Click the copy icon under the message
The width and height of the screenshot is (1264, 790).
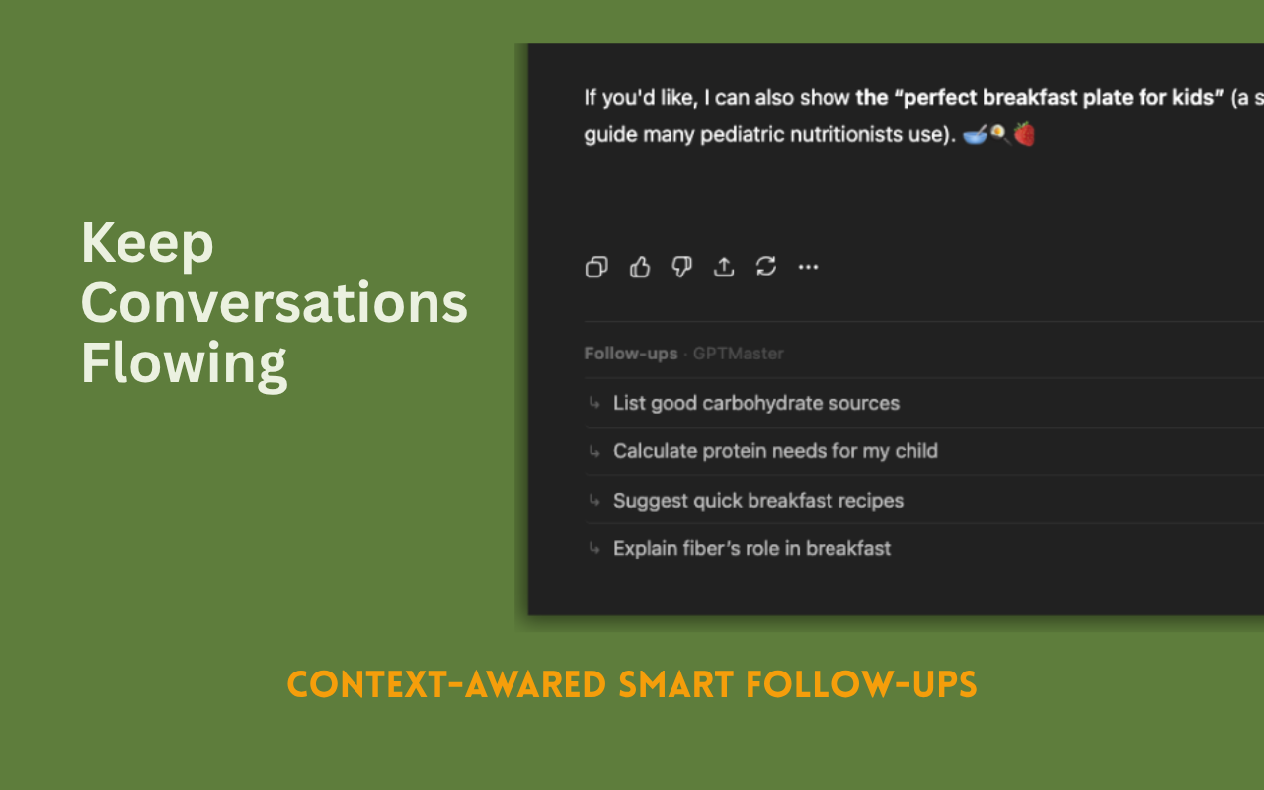(596, 267)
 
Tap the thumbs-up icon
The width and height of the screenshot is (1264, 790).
(639, 267)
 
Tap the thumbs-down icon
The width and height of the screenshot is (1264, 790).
(681, 267)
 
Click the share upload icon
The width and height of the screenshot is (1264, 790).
(724, 267)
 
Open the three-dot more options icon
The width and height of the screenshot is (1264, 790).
(808, 267)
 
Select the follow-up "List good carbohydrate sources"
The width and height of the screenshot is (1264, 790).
(756, 403)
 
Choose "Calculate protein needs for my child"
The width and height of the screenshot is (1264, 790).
(775, 451)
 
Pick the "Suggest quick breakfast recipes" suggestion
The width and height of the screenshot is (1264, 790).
(758, 500)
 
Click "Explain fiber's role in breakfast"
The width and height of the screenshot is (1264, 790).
(751, 548)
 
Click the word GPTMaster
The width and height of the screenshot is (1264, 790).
(738, 354)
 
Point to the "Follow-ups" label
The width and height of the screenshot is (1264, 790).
(631, 354)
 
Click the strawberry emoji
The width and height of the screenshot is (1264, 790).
(1024, 134)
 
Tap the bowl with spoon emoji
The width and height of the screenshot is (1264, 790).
(975, 135)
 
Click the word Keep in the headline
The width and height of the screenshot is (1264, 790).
(147, 245)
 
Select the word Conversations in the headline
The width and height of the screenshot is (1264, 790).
(275, 303)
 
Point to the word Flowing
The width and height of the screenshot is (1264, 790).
(184, 364)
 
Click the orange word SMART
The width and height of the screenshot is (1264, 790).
(676, 684)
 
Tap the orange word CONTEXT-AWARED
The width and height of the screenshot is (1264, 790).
(446, 684)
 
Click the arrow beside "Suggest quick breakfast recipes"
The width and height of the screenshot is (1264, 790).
(594, 500)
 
